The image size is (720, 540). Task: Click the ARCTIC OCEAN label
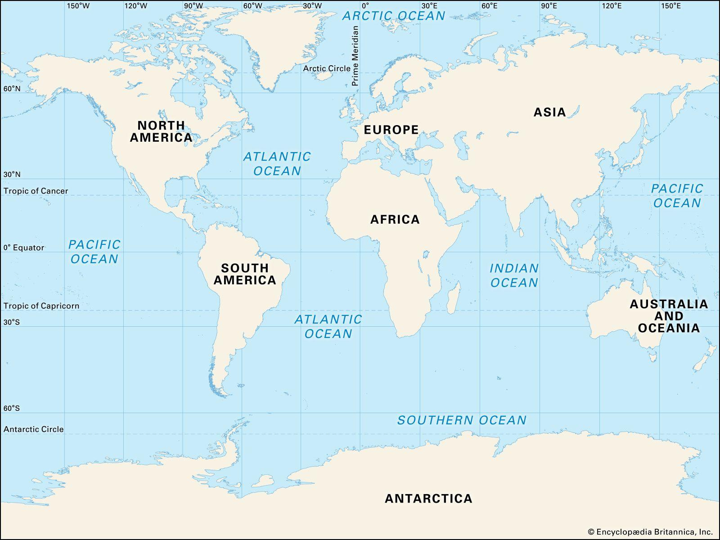[394, 16]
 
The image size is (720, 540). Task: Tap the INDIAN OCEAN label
[514, 275]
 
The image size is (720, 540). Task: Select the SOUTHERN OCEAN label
[462, 420]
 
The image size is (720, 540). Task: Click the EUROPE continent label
[391, 130]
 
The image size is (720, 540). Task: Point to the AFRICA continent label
[395, 220]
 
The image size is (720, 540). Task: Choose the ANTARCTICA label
[428, 499]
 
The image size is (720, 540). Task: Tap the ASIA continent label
[549, 112]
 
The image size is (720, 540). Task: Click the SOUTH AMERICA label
[245, 274]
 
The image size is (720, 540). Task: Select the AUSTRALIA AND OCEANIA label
[669, 316]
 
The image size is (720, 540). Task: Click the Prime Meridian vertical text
[355, 56]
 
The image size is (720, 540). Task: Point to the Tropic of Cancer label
[36, 191]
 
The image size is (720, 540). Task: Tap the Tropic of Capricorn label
[41, 306]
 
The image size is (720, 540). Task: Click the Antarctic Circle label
[34, 429]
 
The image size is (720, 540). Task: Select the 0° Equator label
[24, 247]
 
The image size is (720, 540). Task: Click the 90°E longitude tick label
[549, 6]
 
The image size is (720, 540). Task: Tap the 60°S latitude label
[12, 408]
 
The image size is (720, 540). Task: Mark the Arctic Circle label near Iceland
[326, 68]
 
